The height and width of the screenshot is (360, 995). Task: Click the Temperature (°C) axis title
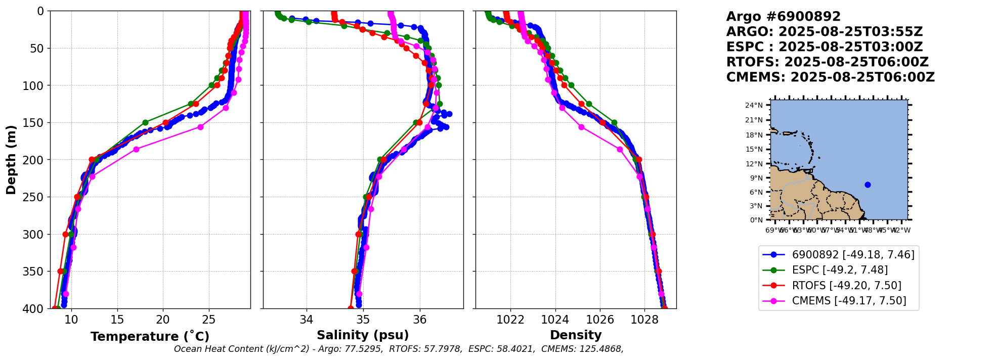point(150,337)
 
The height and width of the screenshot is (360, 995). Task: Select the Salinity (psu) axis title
point(363,335)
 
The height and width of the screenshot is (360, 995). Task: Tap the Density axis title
point(576,335)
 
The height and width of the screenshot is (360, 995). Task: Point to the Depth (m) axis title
point(11,160)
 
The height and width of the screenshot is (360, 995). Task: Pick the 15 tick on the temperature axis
point(117,320)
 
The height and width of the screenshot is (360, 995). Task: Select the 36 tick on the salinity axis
point(420,320)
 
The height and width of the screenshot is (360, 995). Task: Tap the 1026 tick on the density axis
point(600,320)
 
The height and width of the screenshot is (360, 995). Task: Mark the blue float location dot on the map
point(868,185)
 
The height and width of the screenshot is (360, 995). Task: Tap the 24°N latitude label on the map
point(754,106)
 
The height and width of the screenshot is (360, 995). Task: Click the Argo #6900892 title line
point(783,17)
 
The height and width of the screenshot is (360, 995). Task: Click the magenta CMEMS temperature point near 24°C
point(200,127)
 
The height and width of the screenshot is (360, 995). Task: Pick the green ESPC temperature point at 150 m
point(145,122)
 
